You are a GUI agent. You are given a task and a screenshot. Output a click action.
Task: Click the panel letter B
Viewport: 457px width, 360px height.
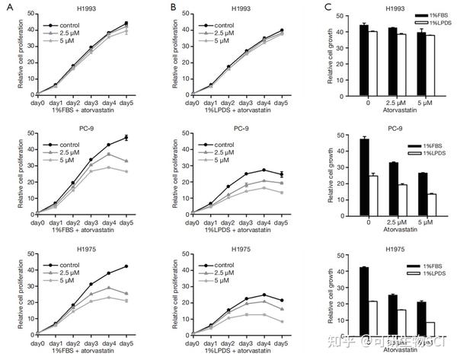point(155,8)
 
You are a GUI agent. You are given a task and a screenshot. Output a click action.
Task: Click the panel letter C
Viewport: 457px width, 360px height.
point(305,8)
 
